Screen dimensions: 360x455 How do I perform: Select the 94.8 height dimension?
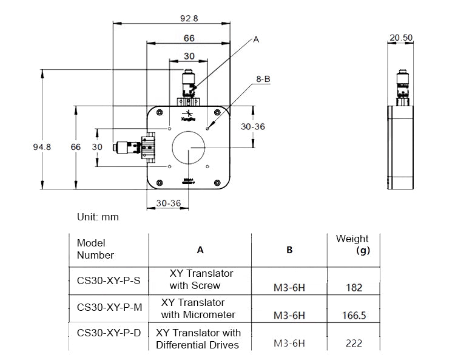42,147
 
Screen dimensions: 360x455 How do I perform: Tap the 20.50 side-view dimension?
401,38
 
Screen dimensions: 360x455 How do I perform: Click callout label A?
256,39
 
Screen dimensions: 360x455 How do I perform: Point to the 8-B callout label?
263,79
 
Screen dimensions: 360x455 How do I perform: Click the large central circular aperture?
189,148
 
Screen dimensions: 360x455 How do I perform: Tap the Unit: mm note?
98,217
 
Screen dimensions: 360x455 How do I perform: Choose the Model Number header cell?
95,249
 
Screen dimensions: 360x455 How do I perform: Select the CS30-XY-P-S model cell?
109,280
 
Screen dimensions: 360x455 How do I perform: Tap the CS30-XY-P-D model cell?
109,333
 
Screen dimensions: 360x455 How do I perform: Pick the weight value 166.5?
354,315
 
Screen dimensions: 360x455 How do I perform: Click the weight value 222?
354,343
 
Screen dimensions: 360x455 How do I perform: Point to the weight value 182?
354,287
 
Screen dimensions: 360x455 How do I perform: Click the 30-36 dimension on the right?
252,127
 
